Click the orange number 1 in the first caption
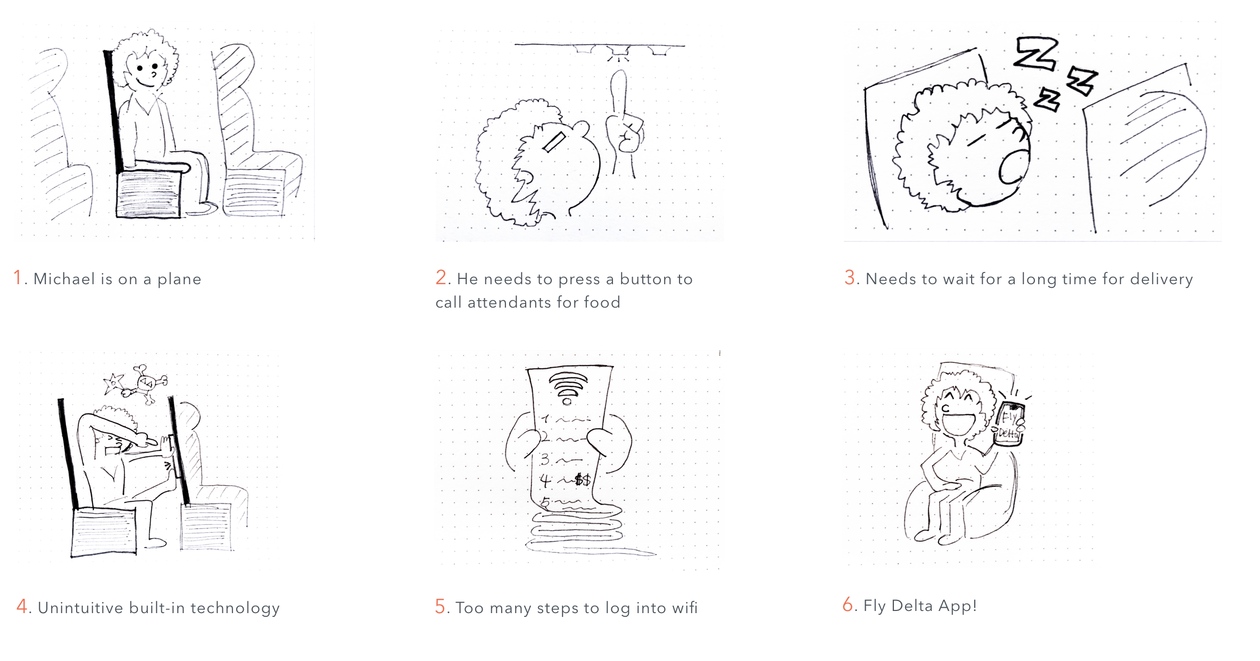(x=18, y=277)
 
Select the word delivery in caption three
(x=1161, y=279)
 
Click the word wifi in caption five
(x=684, y=608)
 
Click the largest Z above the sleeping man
(x=1035, y=54)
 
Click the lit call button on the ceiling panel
(x=619, y=52)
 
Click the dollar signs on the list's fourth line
(x=583, y=480)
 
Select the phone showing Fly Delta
(x=1009, y=424)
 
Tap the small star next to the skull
(x=113, y=382)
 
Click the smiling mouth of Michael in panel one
(x=145, y=83)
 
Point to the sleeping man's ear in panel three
(x=1015, y=167)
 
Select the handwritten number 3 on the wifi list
(x=545, y=459)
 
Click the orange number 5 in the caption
(x=440, y=607)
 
